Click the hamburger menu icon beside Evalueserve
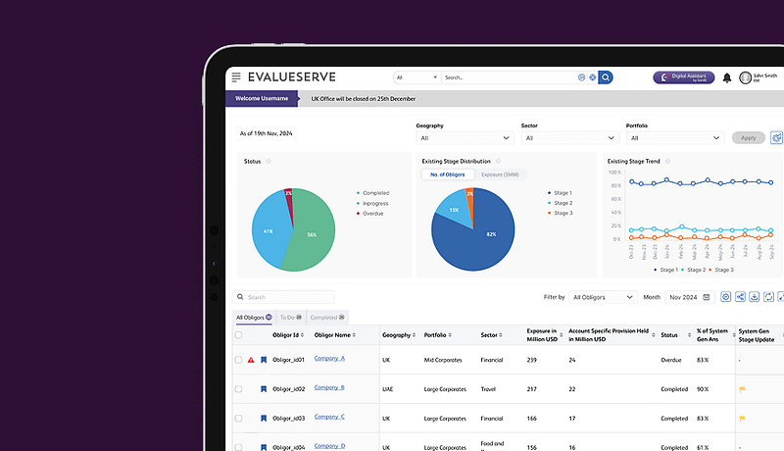click(235, 76)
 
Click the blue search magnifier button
click(606, 76)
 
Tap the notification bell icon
click(727, 77)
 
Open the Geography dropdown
click(463, 138)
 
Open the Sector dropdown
click(568, 138)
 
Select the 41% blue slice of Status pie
click(267, 231)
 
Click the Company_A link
click(329, 359)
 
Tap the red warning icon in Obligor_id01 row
click(251, 360)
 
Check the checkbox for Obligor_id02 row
click(238, 389)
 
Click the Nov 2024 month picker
click(689, 297)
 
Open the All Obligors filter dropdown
click(601, 297)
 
